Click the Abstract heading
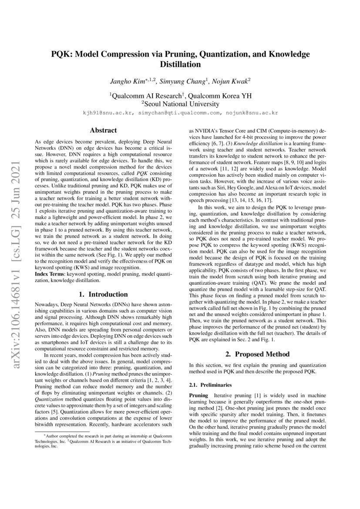pyautogui.click(x=103, y=130)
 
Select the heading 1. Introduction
pyautogui.click(x=103, y=294)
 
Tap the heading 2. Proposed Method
pyautogui.click(x=257, y=354)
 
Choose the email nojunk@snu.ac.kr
pyautogui.click(x=251, y=113)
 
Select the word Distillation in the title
pyautogui.click(x=180, y=64)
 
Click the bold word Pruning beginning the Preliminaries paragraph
pyautogui.click(x=199, y=395)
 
